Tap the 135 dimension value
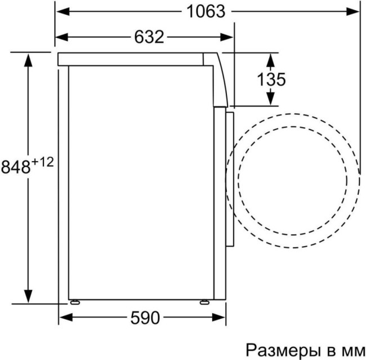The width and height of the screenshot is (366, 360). pyautogui.click(x=271, y=79)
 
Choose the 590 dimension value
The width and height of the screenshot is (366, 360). pyautogui.click(x=145, y=318)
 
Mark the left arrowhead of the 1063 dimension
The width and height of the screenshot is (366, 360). pyautogui.click(x=61, y=11)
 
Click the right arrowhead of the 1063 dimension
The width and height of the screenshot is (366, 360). pyautogui.click(x=354, y=11)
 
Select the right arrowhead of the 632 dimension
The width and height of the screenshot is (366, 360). pyautogui.click(x=227, y=37)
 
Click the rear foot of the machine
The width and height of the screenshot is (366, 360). pyautogui.click(x=73, y=301)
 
